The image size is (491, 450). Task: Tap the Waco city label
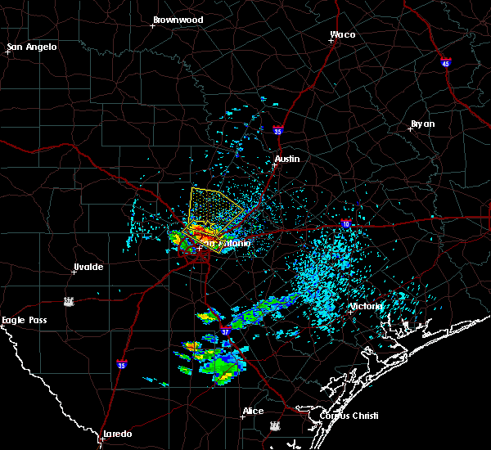point(342,34)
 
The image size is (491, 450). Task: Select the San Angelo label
point(32,47)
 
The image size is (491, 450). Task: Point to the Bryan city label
point(422,124)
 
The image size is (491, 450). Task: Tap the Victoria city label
point(365,306)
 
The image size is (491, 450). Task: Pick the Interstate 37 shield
point(226,333)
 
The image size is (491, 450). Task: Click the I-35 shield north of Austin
point(278,130)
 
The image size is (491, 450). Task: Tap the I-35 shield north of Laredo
point(121,364)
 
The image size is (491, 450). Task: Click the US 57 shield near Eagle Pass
point(70,301)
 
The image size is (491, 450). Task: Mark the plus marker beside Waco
point(331,41)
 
